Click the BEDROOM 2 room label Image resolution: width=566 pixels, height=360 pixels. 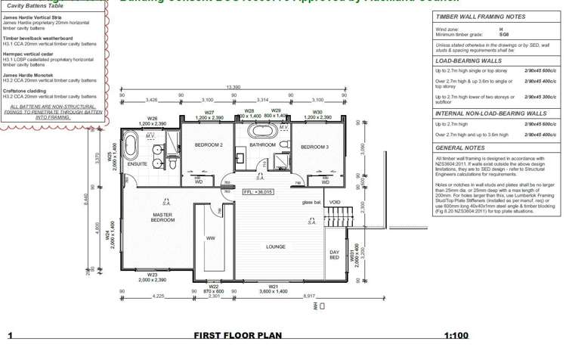208,144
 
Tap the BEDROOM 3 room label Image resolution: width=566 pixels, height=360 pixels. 314,147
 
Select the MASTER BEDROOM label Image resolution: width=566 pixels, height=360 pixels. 162,219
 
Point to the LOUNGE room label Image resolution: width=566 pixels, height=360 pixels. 275,247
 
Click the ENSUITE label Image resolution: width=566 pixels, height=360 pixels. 138,164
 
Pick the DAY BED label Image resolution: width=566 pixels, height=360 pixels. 334,256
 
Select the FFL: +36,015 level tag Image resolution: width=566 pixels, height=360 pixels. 258,192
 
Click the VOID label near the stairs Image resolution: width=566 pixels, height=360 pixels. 335,202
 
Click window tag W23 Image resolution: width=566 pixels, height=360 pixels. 152,275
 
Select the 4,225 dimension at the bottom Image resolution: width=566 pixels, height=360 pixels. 159,296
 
